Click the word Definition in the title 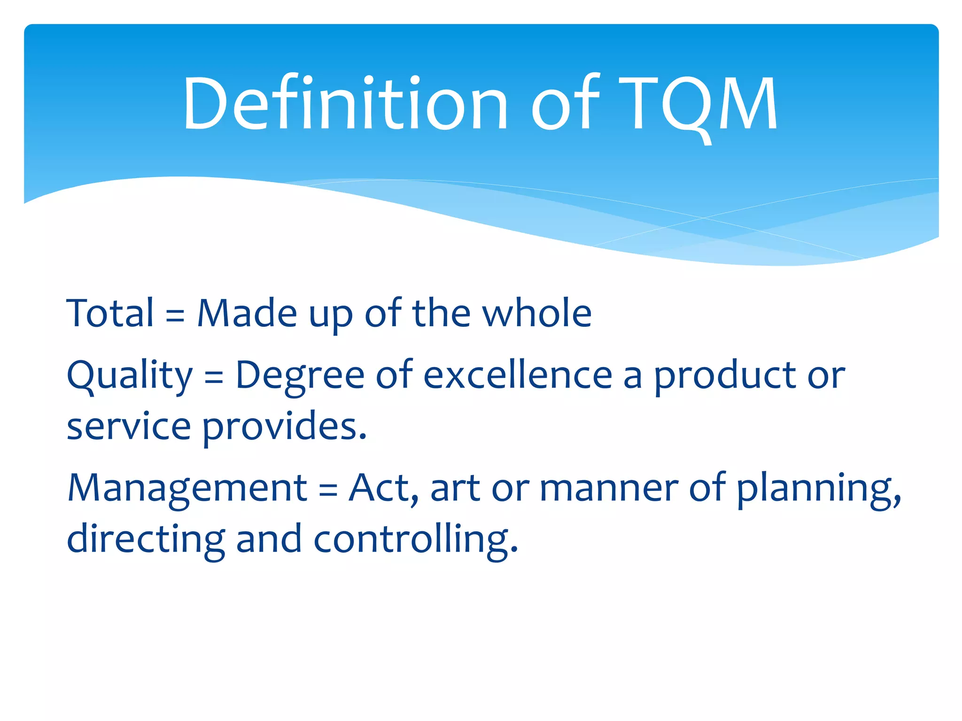(345, 103)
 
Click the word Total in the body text (110, 313)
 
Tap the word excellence (518, 375)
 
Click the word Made (247, 313)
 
